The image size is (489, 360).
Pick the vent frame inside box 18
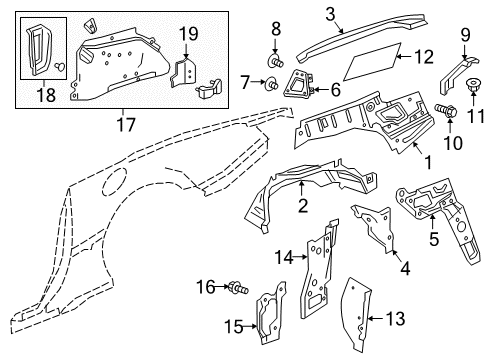coord(39,49)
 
